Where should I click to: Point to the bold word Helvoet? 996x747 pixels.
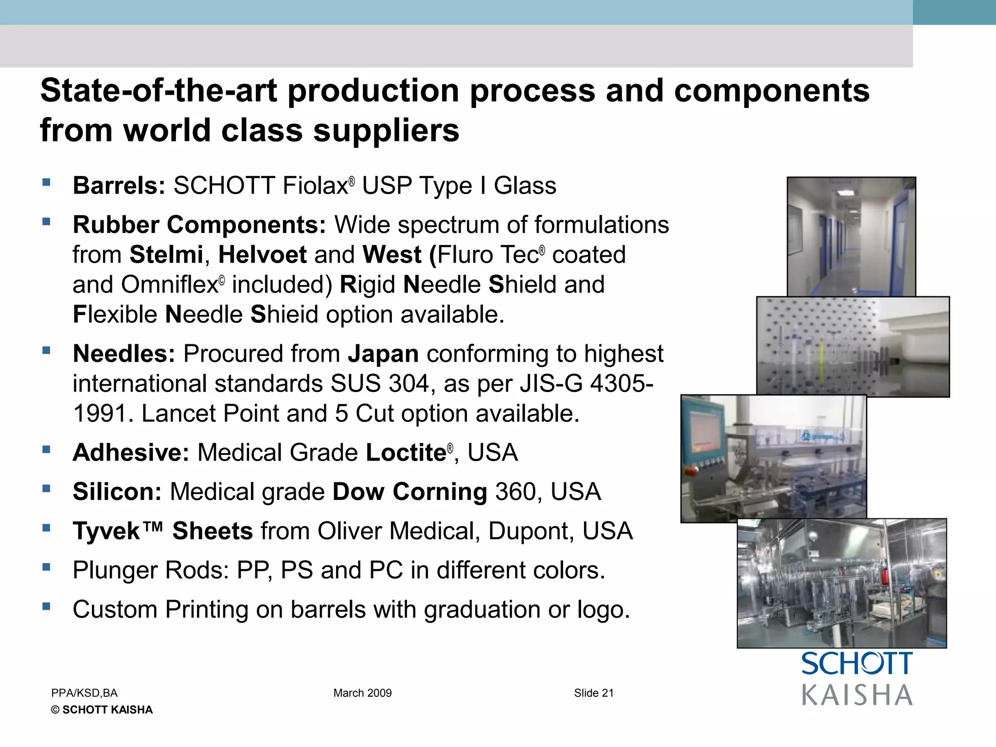click(263, 255)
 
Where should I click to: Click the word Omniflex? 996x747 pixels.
click(169, 285)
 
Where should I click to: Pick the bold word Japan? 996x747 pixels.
click(383, 354)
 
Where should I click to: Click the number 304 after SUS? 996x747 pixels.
click(409, 384)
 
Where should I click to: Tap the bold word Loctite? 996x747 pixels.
click(406, 453)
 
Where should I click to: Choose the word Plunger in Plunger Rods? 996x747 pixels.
click(115, 570)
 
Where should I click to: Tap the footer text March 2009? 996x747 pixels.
click(362, 693)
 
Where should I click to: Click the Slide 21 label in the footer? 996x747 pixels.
click(594, 693)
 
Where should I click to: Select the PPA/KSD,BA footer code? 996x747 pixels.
click(84, 693)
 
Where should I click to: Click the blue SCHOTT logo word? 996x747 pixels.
click(856, 664)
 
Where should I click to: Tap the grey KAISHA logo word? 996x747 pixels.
click(857, 695)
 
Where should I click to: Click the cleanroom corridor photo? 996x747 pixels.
click(851, 236)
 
